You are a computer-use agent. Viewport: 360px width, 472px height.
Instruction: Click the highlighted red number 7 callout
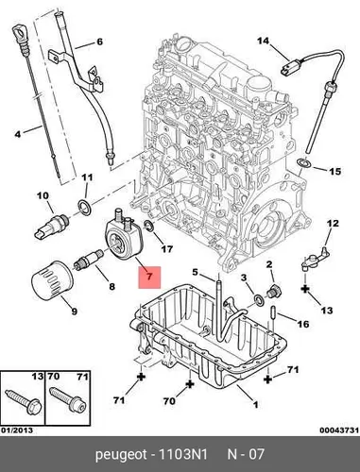[149, 278]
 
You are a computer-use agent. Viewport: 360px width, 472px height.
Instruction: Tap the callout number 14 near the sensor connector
[264, 41]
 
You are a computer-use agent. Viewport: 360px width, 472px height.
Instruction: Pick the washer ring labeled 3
[260, 300]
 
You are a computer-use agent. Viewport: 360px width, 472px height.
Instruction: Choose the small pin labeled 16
[273, 312]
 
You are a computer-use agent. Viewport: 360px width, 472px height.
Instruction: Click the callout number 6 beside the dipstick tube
[99, 42]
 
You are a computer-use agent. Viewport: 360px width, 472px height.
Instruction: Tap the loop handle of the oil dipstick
[18, 34]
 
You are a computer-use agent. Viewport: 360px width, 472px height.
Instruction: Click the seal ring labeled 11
[85, 207]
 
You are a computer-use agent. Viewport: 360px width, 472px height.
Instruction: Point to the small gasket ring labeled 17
[148, 226]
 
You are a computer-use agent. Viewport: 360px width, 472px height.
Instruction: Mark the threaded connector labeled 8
[89, 259]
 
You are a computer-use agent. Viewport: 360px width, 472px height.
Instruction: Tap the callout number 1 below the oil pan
[256, 404]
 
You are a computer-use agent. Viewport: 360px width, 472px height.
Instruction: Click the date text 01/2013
[17, 430]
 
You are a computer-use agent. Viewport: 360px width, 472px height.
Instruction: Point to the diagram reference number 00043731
[339, 430]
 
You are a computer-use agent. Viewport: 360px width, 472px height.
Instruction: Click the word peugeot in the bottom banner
[121, 455]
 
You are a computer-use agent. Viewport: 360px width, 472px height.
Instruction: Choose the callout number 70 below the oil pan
[170, 401]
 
